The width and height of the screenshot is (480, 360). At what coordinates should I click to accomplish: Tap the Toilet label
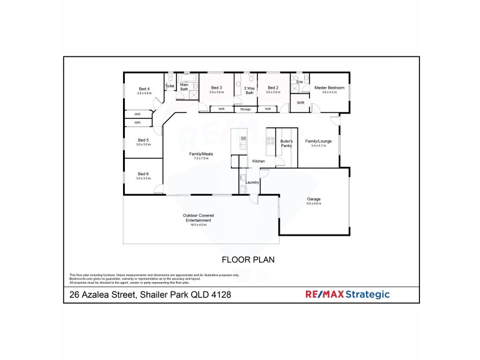pyautogui.click(x=170, y=86)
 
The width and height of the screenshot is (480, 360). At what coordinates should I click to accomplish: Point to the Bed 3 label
pyautogui.click(x=217, y=88)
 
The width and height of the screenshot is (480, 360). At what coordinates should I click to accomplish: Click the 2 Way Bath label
pyautogui.click(x=249, y=91)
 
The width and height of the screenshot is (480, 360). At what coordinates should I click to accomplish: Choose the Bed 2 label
pyautogui.click(x=273, y=88)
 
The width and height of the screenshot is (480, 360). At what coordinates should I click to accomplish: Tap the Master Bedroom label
pyautogui.click(x=329, y=88)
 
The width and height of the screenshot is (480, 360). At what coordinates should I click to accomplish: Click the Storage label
pyautogui.click(x=245, y=109)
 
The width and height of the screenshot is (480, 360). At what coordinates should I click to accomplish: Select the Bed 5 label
pyautogui.click(x=143, y=140)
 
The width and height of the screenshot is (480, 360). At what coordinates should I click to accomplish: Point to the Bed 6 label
pyautogui.click(x=143, y=174)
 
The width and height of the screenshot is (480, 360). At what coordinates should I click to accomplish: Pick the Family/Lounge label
pyautogui.click(x=315, y=141)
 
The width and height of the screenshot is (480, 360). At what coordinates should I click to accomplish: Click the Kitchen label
pyautogui.click(x=258, y=162)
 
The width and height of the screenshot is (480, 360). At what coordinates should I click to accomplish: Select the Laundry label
pyautogui.click(x=252, y=182)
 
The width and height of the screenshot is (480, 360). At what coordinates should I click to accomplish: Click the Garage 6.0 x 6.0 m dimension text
pyautogui.click(x=314, y=204)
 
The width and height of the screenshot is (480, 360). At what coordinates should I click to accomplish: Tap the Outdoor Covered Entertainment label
pyautogui.click(x=198, y=218)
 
